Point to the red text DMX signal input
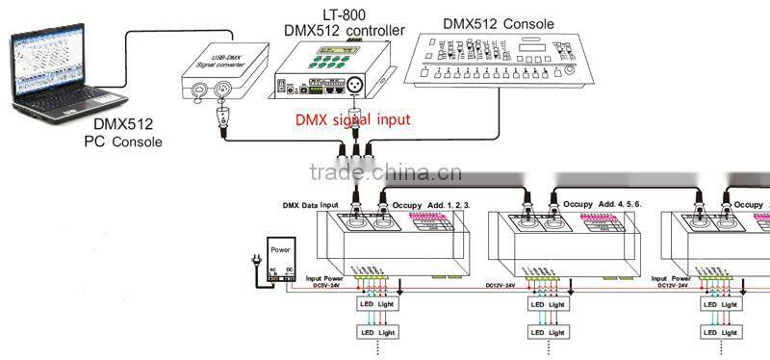[x=351, y=120]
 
